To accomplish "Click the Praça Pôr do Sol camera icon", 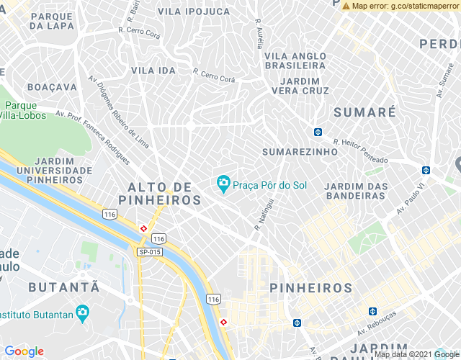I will click(x=224, y=185).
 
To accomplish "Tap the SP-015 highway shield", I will click(x=149, y=251).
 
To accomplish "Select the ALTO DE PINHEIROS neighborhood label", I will click(x=164, y=193).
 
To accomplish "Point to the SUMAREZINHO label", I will click(x=300, y=153).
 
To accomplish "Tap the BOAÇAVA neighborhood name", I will click(x=52, y=86).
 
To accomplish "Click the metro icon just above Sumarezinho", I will click(x=318, y=132).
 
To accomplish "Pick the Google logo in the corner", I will click(x=24, y=351).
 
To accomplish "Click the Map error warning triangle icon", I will click(x=346, y=6).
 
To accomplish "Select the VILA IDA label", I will click(x=153, y=71).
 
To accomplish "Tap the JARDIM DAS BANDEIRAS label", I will click(x=357, y=191).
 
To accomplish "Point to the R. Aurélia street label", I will click(x=259, y=32).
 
